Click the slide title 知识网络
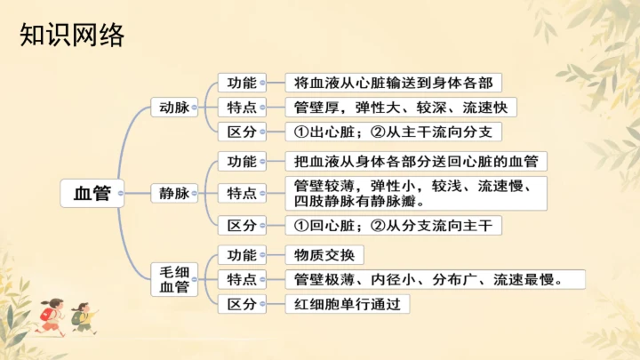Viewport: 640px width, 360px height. tap(71, 36)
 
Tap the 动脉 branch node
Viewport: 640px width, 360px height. tap(174, 108)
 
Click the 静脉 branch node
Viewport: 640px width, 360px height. tap(174, 193)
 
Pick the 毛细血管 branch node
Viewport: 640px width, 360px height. tap(174, 279)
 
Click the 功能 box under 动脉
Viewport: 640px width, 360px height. tap(242, 83)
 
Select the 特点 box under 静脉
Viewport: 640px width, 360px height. tap(242, 193)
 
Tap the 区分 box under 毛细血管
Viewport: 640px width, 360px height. tap(242, 304)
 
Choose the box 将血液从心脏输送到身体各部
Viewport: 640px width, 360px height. tap(393, 83)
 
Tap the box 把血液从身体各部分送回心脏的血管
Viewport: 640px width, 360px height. tap(415, 162)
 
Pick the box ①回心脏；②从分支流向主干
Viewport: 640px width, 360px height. tap(393, 225)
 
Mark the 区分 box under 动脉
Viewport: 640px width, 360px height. tap(242, 132)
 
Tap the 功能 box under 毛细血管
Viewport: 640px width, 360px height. tap(242, 255)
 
